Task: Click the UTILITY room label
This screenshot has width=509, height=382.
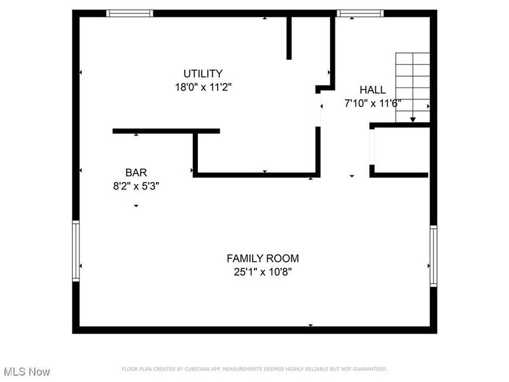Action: pos(203,73)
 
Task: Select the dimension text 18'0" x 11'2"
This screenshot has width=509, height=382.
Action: pos(203,87)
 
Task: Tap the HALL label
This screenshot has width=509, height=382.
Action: pos(372,90)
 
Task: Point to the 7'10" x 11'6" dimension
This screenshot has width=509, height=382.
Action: pos(372,103)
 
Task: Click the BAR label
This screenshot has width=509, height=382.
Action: pos(136,173)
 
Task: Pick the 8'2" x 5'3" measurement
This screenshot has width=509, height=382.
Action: pos(136,187)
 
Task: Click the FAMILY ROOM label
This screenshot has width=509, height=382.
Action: pos(263,258)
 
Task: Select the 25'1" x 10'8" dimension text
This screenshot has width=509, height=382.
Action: pos(263,272)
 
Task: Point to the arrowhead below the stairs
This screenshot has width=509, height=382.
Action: pos(413,119)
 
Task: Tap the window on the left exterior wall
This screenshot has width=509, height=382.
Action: pos(76,251)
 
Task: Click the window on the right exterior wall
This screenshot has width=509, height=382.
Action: pos(433,256)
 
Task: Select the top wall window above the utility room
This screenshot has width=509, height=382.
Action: pos(129,13)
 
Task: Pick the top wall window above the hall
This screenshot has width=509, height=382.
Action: pos(359,13)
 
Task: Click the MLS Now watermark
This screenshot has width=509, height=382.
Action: pos(26,371)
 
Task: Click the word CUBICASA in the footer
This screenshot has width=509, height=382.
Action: pos(199,369)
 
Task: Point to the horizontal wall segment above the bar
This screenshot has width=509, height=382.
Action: pos(166,131)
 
